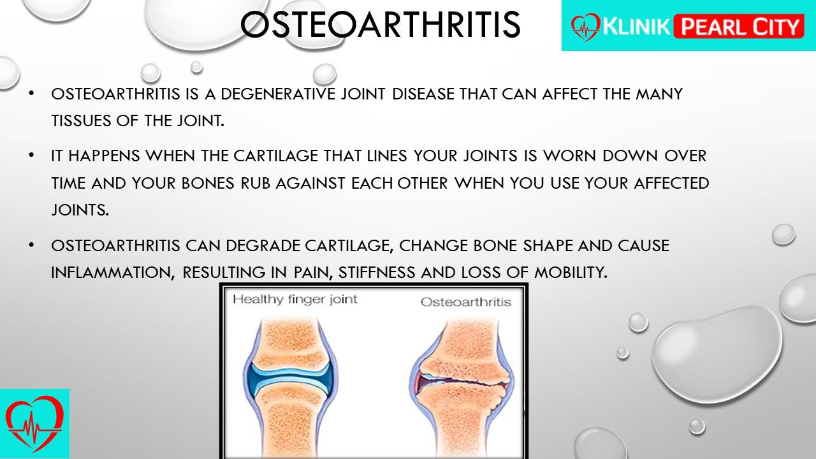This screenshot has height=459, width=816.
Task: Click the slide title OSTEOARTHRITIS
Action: (x=381, y=24)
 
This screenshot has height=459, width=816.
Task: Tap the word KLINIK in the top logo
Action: (x=636, y=26)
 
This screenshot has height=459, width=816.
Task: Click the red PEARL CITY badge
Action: (x=739, y=26)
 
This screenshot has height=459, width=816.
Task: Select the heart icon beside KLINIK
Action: (x=585, y=27)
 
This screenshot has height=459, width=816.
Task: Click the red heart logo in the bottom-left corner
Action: (x=34, y=424)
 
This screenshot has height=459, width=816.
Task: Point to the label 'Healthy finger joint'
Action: (x=295, y=300)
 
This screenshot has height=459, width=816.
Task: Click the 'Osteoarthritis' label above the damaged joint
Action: (x=466, y=302)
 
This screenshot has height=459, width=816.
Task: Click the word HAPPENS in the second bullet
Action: (x=104, y=156)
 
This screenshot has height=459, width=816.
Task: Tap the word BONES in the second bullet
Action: (x=208, y=183)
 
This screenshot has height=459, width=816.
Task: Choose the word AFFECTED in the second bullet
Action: (x=671, y=183)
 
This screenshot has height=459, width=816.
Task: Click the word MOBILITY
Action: (x=571, y=272)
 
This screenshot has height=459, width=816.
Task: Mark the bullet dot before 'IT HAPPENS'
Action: (x=31, y=156)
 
